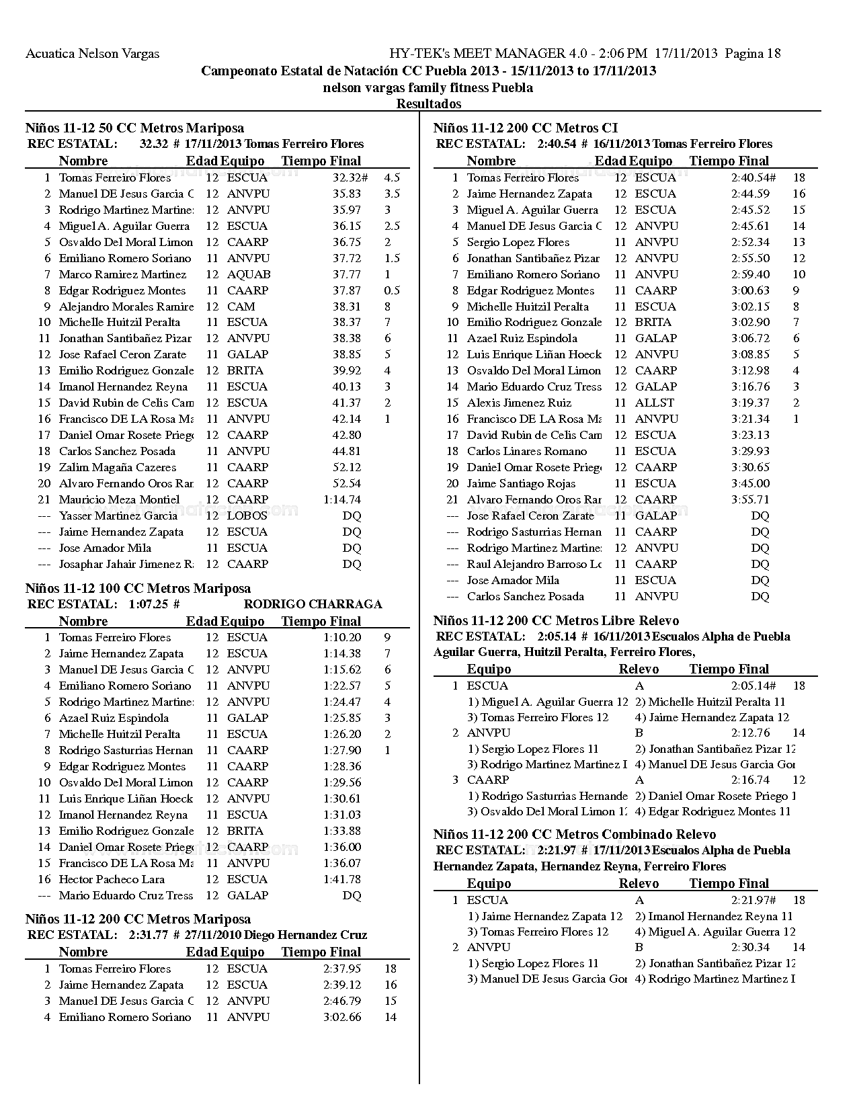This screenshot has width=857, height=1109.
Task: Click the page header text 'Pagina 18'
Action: tap(753, 54)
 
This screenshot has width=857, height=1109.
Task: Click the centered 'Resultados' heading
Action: tap(429, 104)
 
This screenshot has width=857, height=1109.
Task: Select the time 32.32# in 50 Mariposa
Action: tap(350, 178)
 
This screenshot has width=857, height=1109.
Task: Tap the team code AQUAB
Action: tap(249, 275)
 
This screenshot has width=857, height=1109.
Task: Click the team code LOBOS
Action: tap(247, 516)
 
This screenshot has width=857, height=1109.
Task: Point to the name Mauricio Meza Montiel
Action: tap(119, 500)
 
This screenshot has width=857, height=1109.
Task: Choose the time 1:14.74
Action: tap(342, 500)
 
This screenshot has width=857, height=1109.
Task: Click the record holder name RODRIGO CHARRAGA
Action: tap(313, 604)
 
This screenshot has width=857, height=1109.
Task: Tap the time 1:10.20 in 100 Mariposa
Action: tap(342, 638)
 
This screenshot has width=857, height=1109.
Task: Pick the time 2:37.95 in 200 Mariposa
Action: tap(342, 969)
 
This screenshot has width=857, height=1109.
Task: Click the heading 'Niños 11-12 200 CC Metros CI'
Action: tap(526, 128)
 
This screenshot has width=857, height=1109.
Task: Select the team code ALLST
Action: tap(655, 403)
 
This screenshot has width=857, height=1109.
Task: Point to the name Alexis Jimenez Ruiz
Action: tap(519, 403)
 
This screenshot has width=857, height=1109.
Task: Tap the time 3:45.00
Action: tap(751, 484)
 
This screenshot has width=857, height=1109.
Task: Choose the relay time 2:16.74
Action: tap(751, 780)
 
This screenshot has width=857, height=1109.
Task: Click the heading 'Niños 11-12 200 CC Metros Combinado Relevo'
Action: tap(575, 835)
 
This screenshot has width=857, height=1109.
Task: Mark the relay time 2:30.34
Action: tap(751, 948)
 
